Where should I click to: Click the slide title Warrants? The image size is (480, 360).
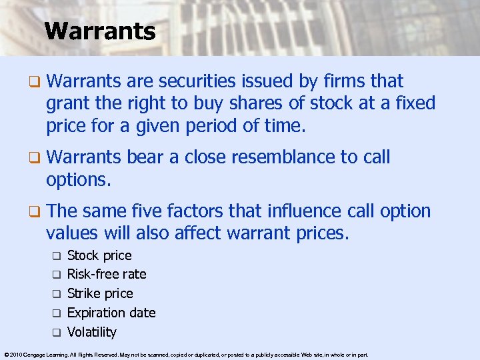[100, 31]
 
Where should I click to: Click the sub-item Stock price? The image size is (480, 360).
[99, 255]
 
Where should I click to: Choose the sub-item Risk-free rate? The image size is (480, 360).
[107, 274]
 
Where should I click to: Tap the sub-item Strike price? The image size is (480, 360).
[100, 293]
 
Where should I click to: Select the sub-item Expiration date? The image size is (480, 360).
[111, 313]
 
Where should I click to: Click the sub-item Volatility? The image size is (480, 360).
[92, 332]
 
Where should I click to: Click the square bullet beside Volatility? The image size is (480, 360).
[57, 332]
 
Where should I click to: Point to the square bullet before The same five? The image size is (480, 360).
[34, 212]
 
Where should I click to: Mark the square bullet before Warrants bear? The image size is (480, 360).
[34, 158]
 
